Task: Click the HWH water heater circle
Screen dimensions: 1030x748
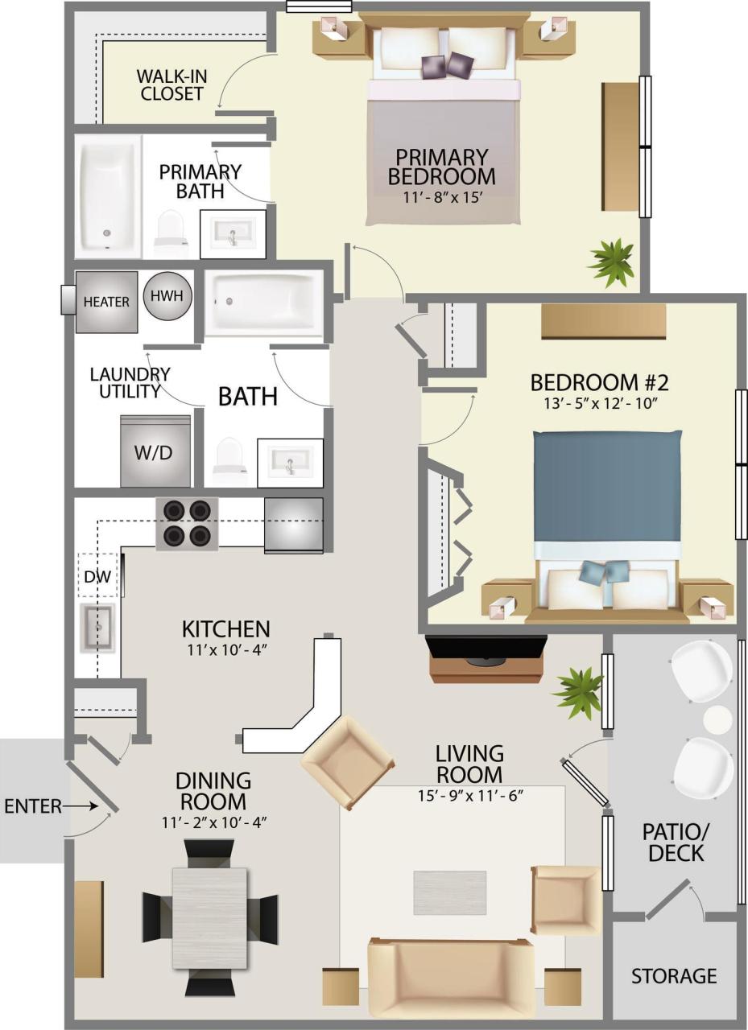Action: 167,296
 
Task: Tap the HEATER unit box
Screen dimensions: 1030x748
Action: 106,302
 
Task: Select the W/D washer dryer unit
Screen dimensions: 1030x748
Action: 155,451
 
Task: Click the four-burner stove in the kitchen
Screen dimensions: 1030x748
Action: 187,523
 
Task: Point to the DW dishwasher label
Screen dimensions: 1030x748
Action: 97,576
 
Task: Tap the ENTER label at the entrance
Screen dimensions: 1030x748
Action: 32,805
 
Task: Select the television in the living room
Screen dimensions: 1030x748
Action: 486,650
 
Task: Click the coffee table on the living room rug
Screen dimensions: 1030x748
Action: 450,892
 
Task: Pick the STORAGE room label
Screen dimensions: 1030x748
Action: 674,976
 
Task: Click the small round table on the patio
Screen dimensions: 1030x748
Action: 716,718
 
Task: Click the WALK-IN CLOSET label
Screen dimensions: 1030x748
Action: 171,84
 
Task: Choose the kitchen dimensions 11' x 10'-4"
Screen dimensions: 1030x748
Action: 225,649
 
